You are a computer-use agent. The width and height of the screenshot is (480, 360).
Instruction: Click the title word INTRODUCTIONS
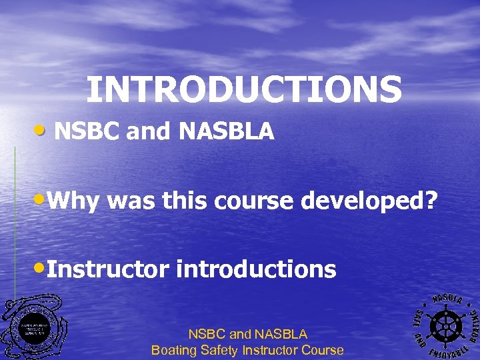pyautogui.click(x=244, y=89)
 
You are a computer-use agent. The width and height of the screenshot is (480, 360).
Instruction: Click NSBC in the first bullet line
pyautogui.click(x=87, y=132)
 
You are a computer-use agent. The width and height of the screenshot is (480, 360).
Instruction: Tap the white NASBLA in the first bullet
pyautogui.click(x=226, y=132)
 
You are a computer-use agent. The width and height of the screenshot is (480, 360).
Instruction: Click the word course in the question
pyautogui.click(x=255, y=201)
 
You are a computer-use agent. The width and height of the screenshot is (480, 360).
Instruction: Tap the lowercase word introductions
pyautogui.click(x=256, y=269)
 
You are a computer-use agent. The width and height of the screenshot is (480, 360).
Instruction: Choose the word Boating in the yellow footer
pyautogui.click(x=175, y=349)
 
